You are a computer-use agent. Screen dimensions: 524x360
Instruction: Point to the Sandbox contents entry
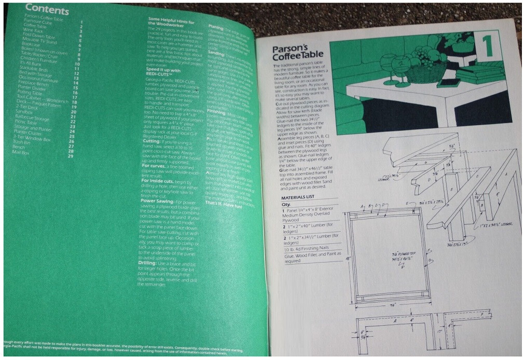click(25, 111)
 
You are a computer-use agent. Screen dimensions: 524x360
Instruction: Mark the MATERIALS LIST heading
click(301, 198)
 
